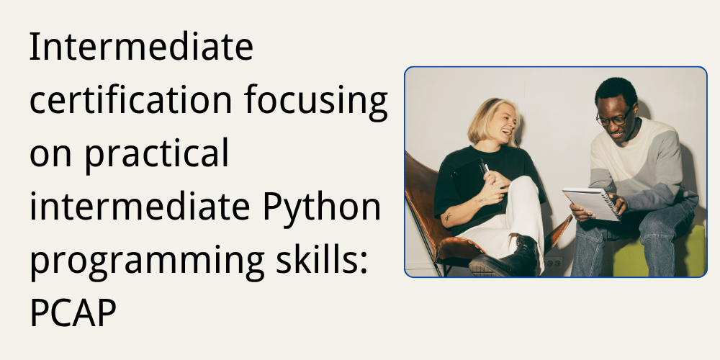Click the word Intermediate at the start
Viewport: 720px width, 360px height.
click(x=141, y=48)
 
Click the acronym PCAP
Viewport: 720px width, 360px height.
click(x=73, y=315)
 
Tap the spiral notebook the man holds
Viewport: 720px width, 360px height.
click(x=590, y=202)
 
